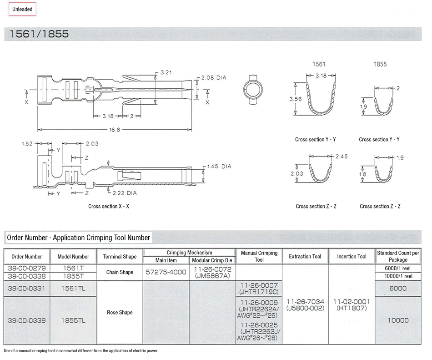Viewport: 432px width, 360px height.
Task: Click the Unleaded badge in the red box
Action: (x=22, y=9)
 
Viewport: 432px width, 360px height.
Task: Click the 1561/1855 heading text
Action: (x=39, y=34)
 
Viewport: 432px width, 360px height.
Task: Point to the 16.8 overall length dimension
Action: (x=115, y=130)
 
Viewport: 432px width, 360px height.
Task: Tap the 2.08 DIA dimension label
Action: (x=214, y=78)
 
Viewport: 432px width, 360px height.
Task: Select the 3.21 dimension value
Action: (x=166, y=72)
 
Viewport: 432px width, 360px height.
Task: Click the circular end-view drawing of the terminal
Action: (x=253, y=90)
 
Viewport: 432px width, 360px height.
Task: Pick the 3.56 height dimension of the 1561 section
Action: (x=295, y=99)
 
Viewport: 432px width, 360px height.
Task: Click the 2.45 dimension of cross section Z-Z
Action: (x=342, y=157)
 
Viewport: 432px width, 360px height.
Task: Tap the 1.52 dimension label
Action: (x=27, y=144)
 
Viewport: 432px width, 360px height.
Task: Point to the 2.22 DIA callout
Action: (x=125, y=193)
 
